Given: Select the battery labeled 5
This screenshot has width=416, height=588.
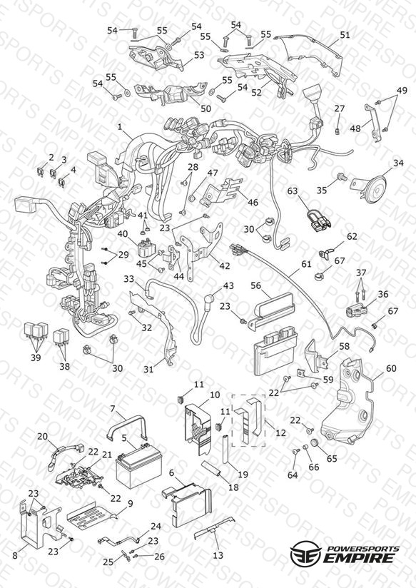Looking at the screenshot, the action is (139, 465).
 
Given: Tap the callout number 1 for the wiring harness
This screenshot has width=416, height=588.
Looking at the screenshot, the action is (120, 127).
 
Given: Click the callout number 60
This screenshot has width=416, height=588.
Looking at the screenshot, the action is (391, 368).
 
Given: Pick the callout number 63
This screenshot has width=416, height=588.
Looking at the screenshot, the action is (293, 191).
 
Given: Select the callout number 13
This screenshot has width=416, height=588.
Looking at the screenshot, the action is (218, 555).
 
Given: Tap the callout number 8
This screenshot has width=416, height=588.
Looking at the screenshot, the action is (15, 555).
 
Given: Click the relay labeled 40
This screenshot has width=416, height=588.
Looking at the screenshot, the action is (148, 248).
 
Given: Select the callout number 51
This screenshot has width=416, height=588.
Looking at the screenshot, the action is (345, 35).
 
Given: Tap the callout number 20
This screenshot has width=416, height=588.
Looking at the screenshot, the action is (42, 436).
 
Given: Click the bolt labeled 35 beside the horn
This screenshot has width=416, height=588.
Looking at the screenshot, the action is (341, 176).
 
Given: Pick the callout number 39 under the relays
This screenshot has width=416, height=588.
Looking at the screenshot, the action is (36, 358).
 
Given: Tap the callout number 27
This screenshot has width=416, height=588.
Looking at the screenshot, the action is (340, 108).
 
